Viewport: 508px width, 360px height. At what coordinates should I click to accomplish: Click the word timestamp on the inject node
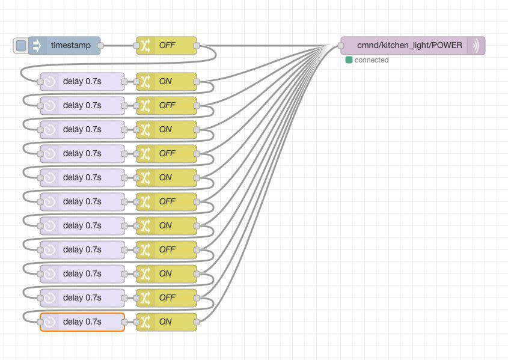(x=70, y=45)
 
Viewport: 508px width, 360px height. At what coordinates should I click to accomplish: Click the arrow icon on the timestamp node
(x=37, y=45)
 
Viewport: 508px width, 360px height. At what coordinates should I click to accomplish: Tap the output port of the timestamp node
(x=100, y=46)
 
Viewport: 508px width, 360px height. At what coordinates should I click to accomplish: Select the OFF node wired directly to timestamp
(x=167, y=46)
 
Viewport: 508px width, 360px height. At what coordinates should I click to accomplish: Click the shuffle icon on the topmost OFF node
(x=145, y=46)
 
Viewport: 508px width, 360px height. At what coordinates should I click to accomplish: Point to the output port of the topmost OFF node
(x=197, y=46)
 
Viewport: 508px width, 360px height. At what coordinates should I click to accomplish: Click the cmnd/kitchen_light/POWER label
(x=409, y=45)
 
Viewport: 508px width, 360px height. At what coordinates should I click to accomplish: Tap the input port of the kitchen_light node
(x=341, y=46)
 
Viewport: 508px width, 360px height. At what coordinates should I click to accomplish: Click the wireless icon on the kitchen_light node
(x=476, y=46)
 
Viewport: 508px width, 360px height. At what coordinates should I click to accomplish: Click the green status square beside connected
(x=349, y=60)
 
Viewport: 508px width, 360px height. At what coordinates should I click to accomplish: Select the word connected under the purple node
(x=372, y=60)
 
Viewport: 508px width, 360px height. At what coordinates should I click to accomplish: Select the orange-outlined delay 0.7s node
(x=82, y=322)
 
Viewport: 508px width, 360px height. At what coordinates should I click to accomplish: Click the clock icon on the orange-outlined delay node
(x=49, y=322)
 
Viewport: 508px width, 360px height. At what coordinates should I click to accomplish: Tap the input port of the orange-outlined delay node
(x=40, y=322)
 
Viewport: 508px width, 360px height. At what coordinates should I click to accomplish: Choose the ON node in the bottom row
(x=167, y=322)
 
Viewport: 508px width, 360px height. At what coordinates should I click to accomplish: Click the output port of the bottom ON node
(x=197, y=322)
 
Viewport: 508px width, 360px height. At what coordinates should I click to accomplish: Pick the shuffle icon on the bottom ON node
(x=145, y=322)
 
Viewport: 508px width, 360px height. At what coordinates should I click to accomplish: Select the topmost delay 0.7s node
(x=82, y=82)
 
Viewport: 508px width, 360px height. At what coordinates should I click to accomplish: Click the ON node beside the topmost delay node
(x=167, y=82)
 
